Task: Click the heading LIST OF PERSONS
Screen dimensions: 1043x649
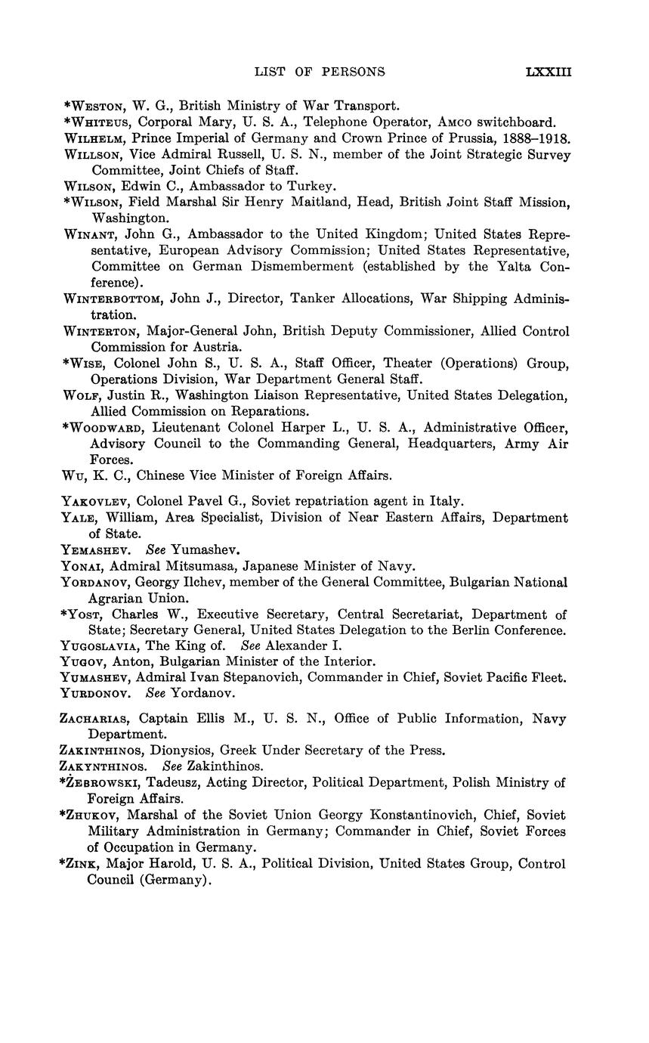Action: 320,73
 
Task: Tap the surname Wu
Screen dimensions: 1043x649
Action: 73,475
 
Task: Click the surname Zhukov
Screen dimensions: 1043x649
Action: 92,816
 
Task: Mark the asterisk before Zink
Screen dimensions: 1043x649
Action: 62,862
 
